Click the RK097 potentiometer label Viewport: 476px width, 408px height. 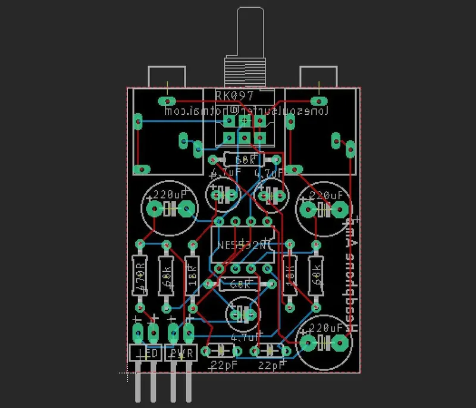[x=234, y=95]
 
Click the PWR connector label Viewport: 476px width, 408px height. [x=181, y=353]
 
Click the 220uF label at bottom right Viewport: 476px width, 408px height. [x=326, y=328]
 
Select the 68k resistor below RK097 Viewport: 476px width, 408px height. [x=244, y=160]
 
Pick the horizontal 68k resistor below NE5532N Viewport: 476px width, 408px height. [x=240, y=284]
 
